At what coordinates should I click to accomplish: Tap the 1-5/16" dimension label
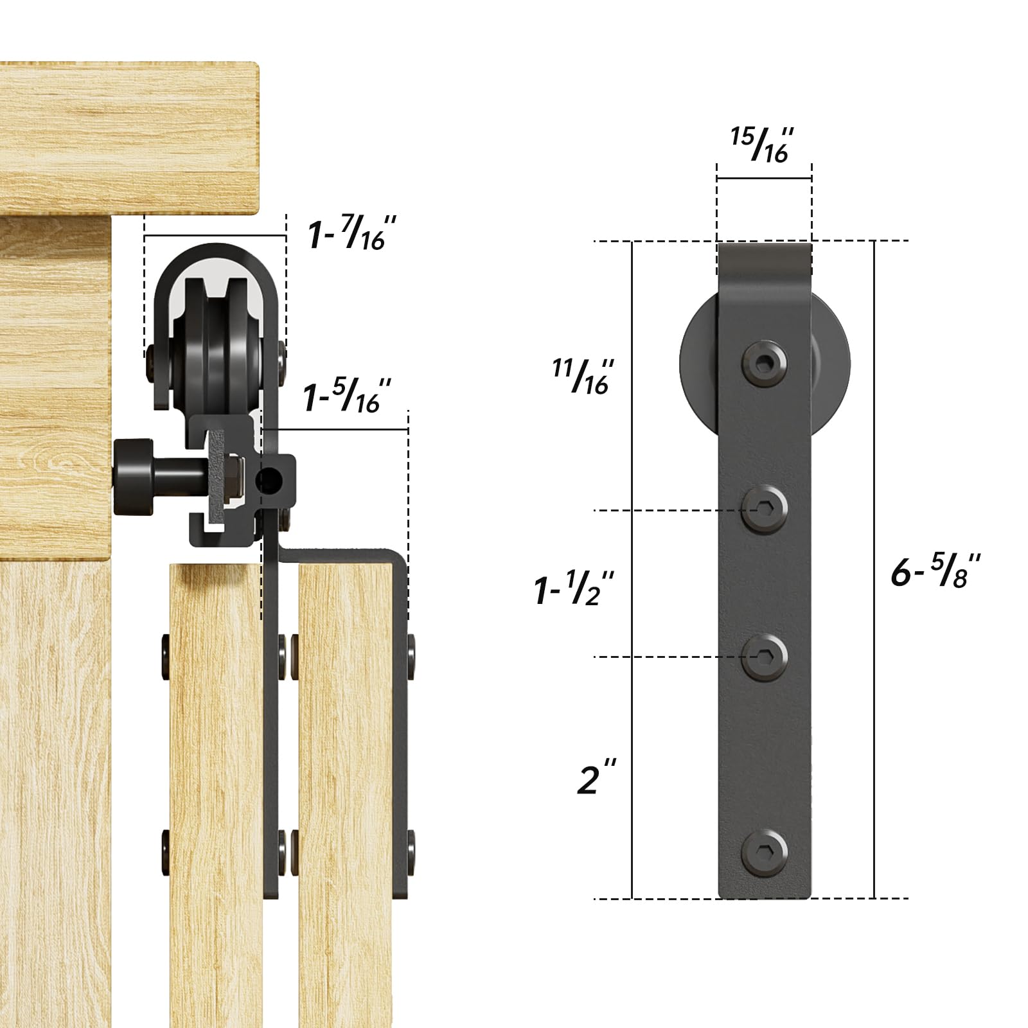[x=348, y=396]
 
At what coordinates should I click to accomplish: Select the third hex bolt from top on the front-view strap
[x=765, y=656]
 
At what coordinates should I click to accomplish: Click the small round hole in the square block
[x=270, y=479]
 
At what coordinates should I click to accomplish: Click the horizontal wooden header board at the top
[x=128, y=138]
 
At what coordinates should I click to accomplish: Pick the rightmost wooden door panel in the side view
[x=345, y=790]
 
